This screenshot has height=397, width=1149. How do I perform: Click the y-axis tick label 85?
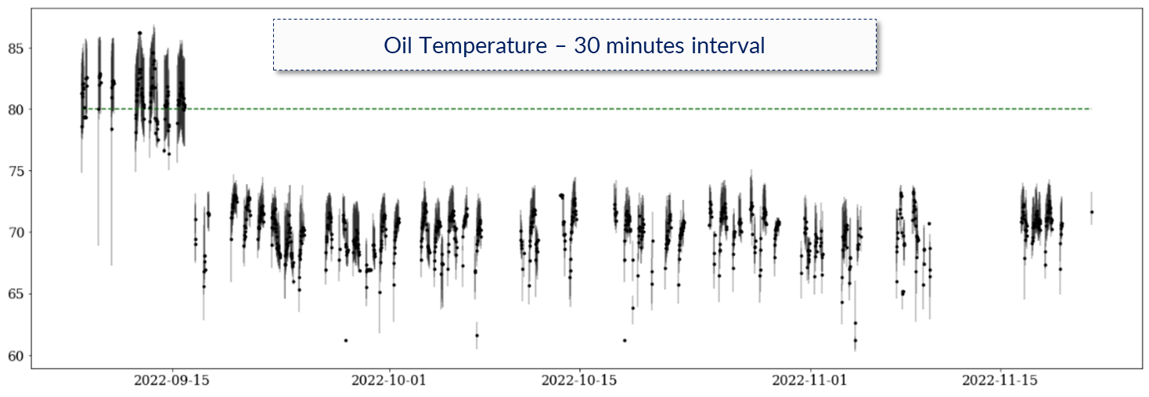(16, 49)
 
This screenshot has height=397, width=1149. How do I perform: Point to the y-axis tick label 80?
(16, 110)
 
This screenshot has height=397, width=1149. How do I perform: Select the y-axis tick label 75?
(16, 171)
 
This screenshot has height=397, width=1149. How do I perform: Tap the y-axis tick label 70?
(16, 233)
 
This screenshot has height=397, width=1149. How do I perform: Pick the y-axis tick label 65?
(16, 294)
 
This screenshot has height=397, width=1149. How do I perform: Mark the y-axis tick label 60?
(16, 356)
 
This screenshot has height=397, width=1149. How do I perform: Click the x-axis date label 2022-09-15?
(172, 381)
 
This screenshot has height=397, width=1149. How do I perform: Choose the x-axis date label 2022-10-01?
(389, 381)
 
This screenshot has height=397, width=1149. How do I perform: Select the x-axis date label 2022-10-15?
(579, 381)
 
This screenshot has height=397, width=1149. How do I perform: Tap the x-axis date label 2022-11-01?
(809, 381)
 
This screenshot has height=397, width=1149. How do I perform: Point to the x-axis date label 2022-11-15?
(1000, 381)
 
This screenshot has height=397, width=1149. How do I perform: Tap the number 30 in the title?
(586, 45)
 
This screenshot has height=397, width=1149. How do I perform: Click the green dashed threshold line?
(586, 109)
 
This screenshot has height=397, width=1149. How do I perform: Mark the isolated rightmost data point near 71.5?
(1092, 212)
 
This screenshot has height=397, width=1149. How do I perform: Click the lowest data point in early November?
(855, 340)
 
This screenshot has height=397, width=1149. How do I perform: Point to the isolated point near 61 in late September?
(346, 341)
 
